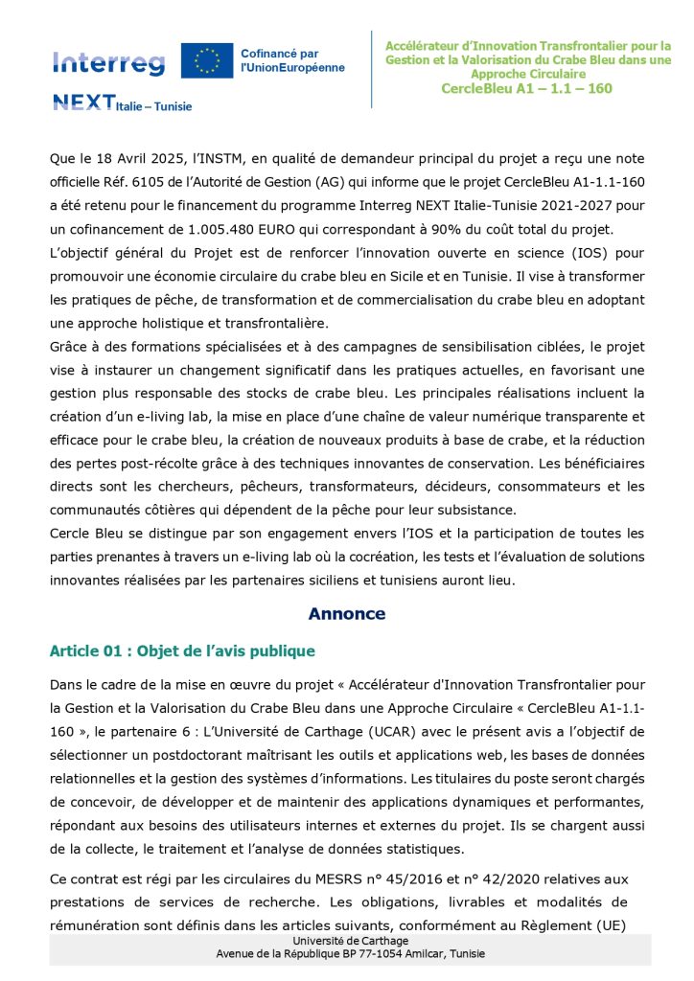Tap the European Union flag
coord(207,59)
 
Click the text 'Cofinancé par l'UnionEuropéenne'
coord(292,60)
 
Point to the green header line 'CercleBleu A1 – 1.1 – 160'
coord(526,88)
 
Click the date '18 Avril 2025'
coord(121,158)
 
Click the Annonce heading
coord(346,614)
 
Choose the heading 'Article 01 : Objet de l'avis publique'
coord(182,651)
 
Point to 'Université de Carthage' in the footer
coord(350,942)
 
